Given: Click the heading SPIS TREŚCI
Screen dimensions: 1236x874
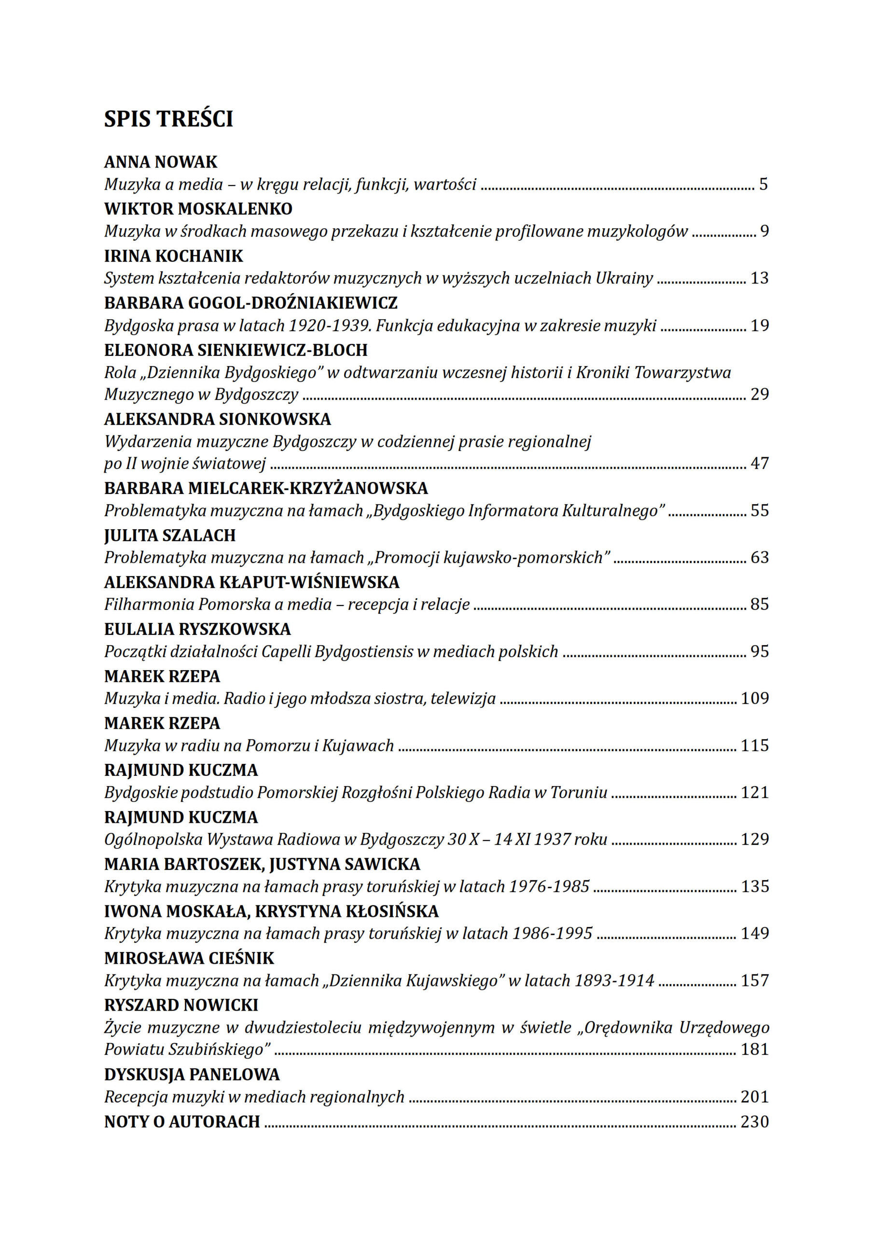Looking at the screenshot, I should point(168,119).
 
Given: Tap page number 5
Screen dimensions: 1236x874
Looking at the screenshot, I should point(763,184).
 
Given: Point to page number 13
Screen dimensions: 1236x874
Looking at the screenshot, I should point(759,278).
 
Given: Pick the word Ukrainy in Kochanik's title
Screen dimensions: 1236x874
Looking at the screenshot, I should point(624,278).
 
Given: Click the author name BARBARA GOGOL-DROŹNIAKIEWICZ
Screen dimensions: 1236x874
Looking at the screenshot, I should point(251,303).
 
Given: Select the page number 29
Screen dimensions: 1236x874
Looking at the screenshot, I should point(759,394).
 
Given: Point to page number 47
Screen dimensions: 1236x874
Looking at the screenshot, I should point(759,463).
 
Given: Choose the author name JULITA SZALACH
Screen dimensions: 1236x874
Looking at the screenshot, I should point(170,535).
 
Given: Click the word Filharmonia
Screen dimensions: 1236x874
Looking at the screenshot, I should point(149,604).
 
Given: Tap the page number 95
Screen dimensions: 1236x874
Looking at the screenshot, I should point(759,651).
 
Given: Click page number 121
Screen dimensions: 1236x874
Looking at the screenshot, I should point(754,792).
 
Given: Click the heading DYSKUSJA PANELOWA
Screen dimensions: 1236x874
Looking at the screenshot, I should point(192,1075).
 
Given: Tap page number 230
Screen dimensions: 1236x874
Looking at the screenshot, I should point(754,1122).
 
